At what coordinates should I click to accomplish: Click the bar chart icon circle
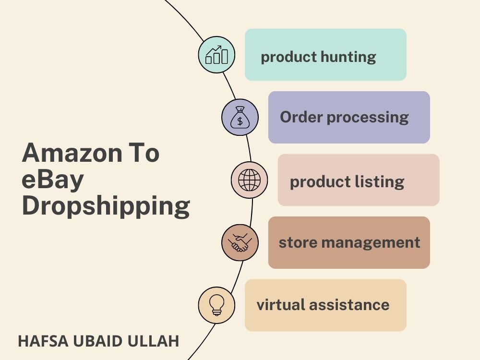click(x=216, y=55)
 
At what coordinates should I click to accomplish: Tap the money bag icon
click(x=240, y=118)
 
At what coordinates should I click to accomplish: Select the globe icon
click(x=249, y=180)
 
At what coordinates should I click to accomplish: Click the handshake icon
click(x=240, y=242)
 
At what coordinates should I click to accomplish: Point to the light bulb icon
click(x=216, y=305)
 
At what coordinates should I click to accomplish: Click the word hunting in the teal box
click(x=348, y=57)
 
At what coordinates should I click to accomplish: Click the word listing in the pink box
click(x=380, y=181)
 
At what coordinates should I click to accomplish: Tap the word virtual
click(x=281, y=305)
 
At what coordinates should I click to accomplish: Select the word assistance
click(x=349, y=305)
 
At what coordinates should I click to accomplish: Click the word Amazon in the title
click(x=72, y=153)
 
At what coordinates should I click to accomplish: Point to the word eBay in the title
click(x=53, y=180)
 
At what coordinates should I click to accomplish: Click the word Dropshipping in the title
click(x=106, y=206)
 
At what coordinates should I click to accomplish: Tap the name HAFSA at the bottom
click(x=43, y=341)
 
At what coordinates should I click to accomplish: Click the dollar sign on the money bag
click(x=240, y=121)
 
